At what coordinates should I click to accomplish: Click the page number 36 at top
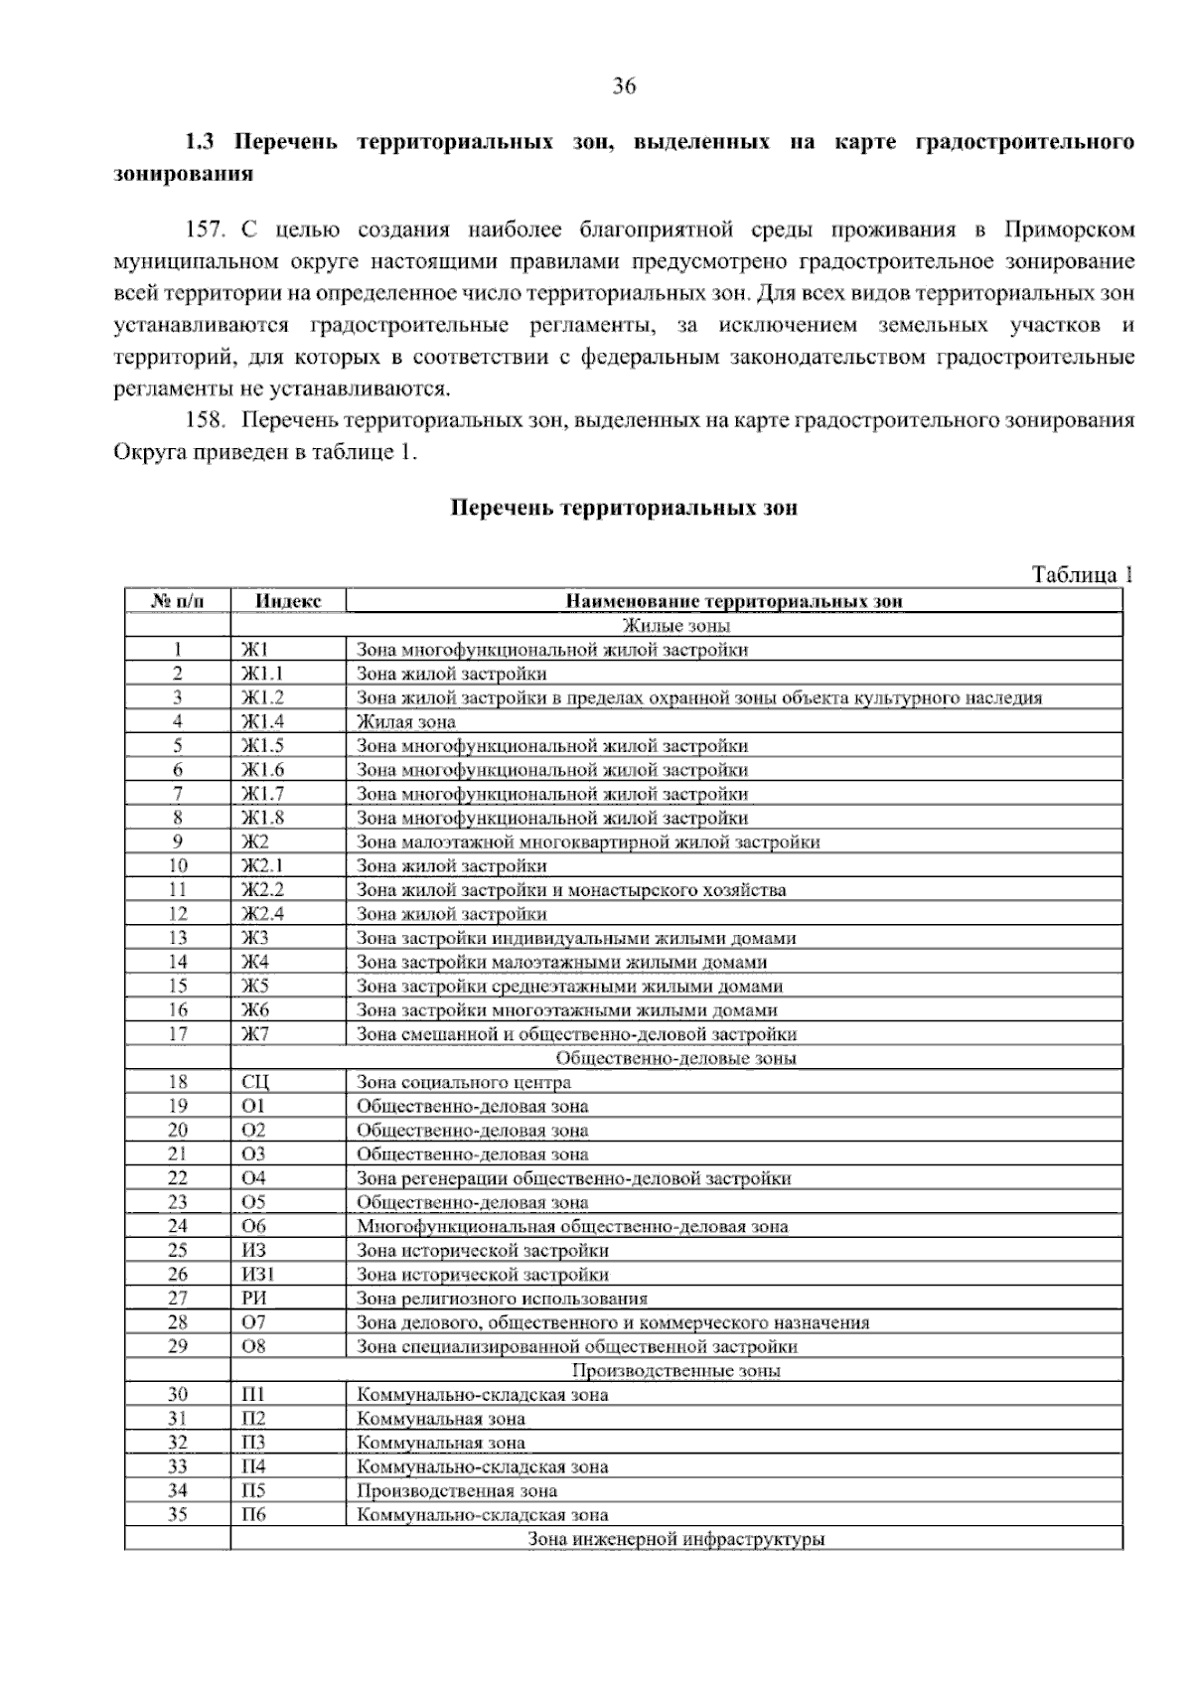[x=623, y=86]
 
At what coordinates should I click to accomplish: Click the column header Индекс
[x=288, y=601]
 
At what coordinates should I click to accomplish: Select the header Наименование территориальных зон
[x=734, y=601]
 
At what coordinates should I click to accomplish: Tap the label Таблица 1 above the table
[x=1082, y=575]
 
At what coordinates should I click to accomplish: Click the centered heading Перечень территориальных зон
[x=624, y=508]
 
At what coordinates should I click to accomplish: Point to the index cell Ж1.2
[x=263, y=697]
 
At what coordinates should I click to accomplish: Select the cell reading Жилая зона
[x=406, y=722]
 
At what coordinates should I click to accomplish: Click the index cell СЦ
[x=255, y=1082]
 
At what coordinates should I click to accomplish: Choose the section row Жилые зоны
[x=675, y=626]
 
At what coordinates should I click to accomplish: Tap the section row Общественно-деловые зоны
[x=675, y=1058]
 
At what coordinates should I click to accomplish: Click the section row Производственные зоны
[x=675, y=1371]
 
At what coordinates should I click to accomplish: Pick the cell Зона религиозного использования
[x=502, y=1299]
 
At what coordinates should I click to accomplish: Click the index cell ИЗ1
[x=258, y=1275]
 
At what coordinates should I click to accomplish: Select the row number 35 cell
[x=178, y=1515]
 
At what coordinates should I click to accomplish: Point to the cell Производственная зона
[x=457, y=1491]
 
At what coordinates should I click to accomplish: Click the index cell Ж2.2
[x=263, y=890]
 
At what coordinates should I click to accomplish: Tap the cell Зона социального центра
[x=464, y=1082]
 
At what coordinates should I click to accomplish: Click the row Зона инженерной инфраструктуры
[x=675, y=1540]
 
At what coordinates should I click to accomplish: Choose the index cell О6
[x=254, y=1226]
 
